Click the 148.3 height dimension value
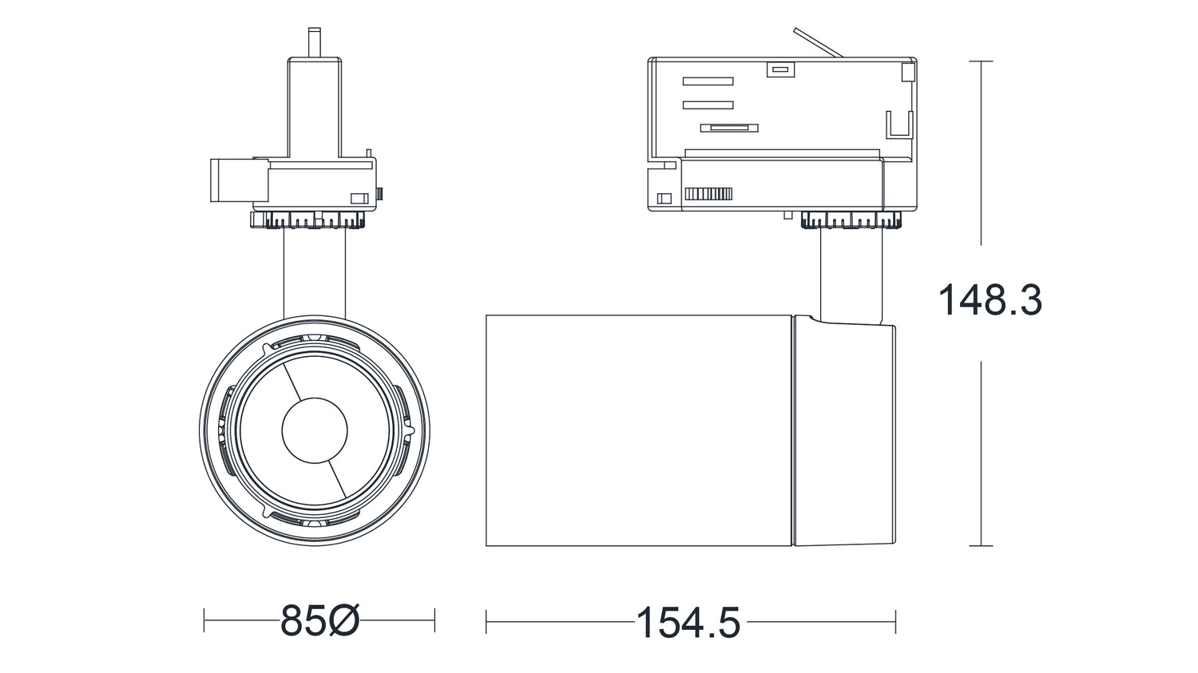click(990, 300)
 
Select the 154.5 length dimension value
click(688, 622)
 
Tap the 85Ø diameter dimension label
click(319, 620)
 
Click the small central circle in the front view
click(315, 430)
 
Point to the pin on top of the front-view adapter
click(315, 42)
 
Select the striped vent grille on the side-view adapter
click(708, 193)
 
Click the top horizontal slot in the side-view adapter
click(708, 81)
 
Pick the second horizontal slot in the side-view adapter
click(708, 105)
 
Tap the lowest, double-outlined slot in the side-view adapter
click(729, 128)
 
